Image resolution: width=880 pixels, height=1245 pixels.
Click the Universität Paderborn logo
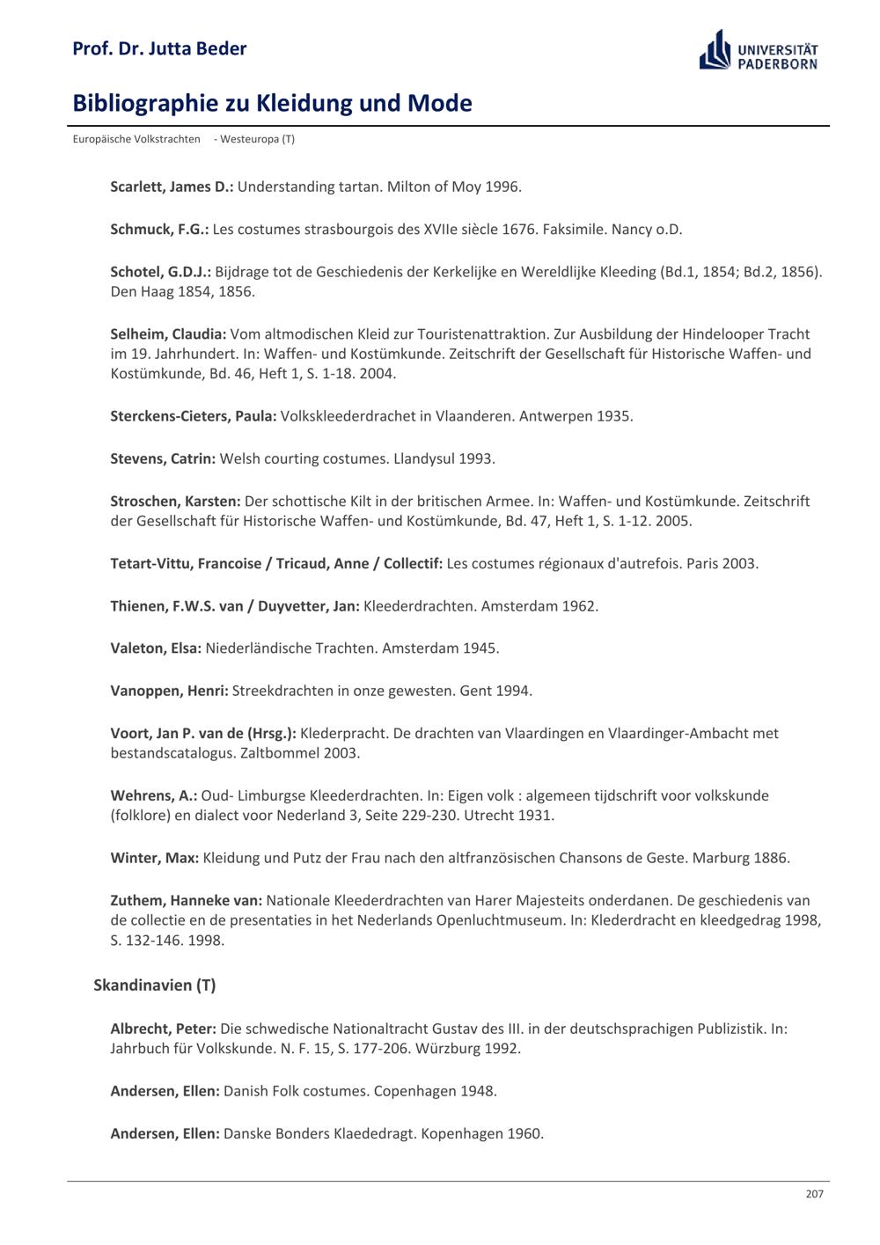pos(758,50)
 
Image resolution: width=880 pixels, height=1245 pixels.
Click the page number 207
pos(814,1194)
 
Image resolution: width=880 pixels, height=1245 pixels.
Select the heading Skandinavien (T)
pos(154,985)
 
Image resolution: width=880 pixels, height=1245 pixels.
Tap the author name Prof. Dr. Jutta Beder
pos(159,48)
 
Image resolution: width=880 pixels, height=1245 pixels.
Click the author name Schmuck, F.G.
pos(159,229)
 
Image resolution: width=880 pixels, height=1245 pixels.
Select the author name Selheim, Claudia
pos(168,334)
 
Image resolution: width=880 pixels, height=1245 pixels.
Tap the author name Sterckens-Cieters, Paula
pos(194,416)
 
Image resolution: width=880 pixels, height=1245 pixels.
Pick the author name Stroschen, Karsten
pos(175,502)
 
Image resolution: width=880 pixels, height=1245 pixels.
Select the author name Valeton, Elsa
pos(156,648)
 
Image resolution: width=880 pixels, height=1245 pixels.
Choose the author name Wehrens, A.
pos(153,795)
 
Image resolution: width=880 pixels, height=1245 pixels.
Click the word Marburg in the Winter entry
pos(721,858)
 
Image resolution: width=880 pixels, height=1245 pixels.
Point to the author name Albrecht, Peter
pos(163,1029)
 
